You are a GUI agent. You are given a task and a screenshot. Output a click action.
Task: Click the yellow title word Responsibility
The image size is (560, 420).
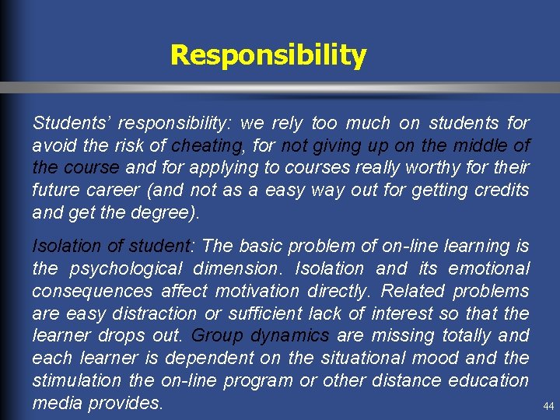tap(268, 55)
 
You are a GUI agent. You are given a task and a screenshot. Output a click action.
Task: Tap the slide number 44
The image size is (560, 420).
tap(549, 406)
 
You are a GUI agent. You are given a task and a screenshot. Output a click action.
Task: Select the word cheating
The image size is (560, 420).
tap(207, 145)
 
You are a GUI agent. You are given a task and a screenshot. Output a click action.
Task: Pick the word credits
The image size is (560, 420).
tap(496, 190)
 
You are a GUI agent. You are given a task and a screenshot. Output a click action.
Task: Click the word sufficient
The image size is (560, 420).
tap(260, 314)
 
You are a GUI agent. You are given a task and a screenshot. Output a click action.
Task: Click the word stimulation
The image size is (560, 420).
tap(76, 381)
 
